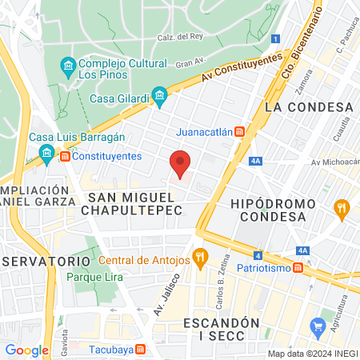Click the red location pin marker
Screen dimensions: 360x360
181,164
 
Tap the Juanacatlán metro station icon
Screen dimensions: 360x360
239,132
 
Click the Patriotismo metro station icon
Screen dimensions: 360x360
298,267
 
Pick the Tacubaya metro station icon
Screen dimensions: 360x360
141,349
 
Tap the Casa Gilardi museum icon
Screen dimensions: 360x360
160,98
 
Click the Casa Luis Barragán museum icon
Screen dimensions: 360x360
47,153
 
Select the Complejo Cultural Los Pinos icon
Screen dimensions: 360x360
68,64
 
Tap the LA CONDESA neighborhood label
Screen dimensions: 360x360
309,106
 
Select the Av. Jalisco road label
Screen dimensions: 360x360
164,294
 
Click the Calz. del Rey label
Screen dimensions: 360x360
180,37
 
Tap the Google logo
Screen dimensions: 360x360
27,350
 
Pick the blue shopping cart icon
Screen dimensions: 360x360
318,325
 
